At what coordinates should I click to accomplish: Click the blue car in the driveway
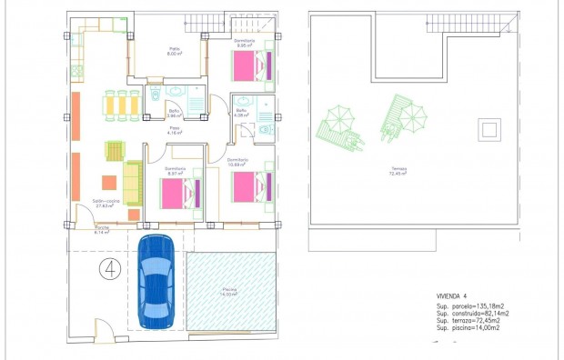(x=156, y=281)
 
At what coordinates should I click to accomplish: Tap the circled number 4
(x=110, y=268)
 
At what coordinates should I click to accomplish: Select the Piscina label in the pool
(x=228, y=291)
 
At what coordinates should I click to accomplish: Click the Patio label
(x=173, y=51)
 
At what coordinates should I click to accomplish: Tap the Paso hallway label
(x=174, y=130)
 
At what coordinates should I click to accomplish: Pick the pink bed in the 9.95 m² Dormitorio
(x=248, y=67)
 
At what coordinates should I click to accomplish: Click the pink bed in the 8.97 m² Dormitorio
(x=177, y=193)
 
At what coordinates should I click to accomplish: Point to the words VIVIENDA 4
(x=452, y=296)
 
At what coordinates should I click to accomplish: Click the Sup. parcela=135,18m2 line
(x=471, y=307)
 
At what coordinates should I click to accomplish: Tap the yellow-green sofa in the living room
(x=133, y=182)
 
